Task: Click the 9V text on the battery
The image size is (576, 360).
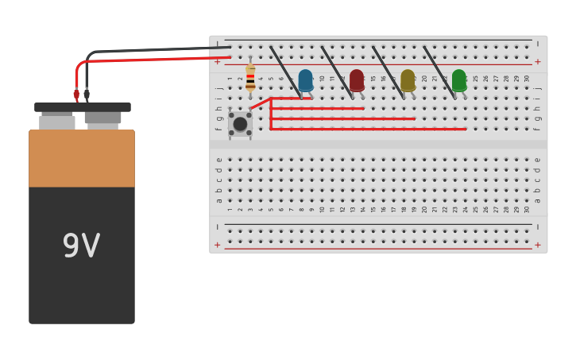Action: (x=81, y=246)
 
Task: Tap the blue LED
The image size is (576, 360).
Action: (x=305, y=80)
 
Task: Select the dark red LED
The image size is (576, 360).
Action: (x=357, y=80)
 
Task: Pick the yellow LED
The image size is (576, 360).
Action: (x=408, y=80)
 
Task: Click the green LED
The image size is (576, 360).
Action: (x=458, y=80)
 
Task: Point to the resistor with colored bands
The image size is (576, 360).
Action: (x=250, y=78)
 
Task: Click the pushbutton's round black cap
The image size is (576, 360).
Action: (x=240, y=124)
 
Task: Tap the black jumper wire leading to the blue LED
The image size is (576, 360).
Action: (x=284, y=71)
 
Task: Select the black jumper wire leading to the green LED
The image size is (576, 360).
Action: (x=439, y=71)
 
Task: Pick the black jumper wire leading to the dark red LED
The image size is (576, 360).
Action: (x=337, y=71)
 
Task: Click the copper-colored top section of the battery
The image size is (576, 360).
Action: (x=82, y=159)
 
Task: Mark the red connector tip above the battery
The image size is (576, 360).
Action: (x=76, y=94)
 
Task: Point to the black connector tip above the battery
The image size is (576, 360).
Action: (x=87, y=94)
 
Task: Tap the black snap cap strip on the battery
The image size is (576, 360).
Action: (x=82, y=107)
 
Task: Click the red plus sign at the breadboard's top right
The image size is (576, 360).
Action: (x=537, y=61)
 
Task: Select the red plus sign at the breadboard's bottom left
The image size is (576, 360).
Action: (x=218, y=245)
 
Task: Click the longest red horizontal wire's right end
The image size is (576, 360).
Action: (x=464, y=129)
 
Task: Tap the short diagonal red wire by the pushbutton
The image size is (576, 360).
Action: (x=261, y=103)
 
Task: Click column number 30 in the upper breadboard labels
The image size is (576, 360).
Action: (x=526, y=79)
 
